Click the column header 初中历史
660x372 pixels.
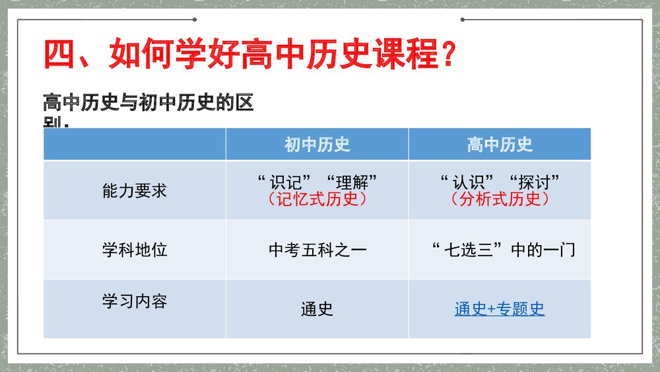point(317,145)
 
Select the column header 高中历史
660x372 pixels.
point(500,145)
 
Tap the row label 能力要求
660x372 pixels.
point(135,191)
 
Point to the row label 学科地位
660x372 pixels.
point(135,250)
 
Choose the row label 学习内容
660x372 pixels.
point(135,301)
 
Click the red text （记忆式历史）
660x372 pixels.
point(317,199)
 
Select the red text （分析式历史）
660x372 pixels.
point(500,199)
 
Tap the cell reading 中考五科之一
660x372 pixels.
point(317,250)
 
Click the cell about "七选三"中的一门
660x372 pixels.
point(502,250)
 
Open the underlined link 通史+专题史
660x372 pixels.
point(500,309)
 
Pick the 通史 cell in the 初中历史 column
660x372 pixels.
point(317,309)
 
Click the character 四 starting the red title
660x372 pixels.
point(60,54)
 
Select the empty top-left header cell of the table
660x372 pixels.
point(135,145)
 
